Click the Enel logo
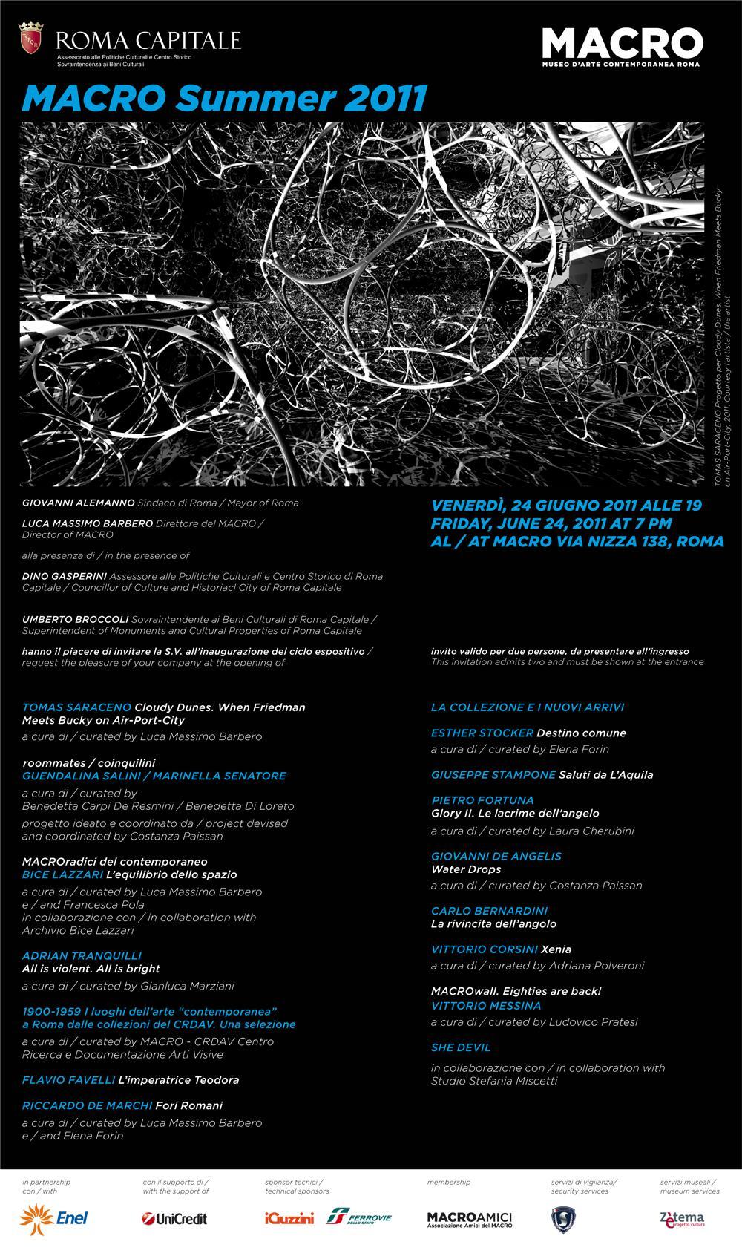click(55, 1217)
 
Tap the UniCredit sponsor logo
click(174, 1218)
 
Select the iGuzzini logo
click(289, 1218)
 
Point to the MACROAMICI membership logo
click(469, 1219)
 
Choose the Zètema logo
click(682, 1218)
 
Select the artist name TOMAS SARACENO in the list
click(76, 707)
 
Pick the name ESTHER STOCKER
click(482, 733)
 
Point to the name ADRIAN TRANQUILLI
click(82, 955)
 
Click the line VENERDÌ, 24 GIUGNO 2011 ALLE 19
click(566, 506)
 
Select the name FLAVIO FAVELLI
click(68, 1079)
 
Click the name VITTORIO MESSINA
click(486, 1006)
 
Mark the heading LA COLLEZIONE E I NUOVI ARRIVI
click(528, 707)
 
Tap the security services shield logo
click(564, 1219)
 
